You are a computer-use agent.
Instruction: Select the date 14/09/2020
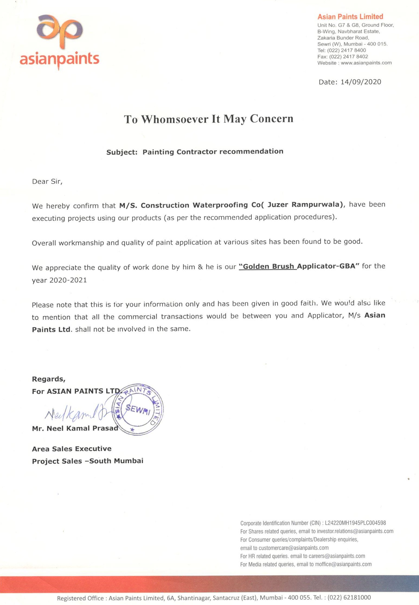[361, 82]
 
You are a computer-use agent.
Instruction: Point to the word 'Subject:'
[122, 152]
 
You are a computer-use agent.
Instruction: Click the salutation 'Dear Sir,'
[47, 182]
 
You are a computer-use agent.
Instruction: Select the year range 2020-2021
[68, 280]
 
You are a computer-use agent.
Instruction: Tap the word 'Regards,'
[49, 379]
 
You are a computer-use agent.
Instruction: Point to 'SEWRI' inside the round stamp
[138, 409]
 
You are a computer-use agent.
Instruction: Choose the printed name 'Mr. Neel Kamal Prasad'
[75, 428]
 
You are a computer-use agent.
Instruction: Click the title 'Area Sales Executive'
[72, 449]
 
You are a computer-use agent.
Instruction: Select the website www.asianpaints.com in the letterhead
[366, 63]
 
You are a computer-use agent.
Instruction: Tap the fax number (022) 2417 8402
[348, 57]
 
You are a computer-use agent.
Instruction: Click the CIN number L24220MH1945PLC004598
[355, 523]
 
